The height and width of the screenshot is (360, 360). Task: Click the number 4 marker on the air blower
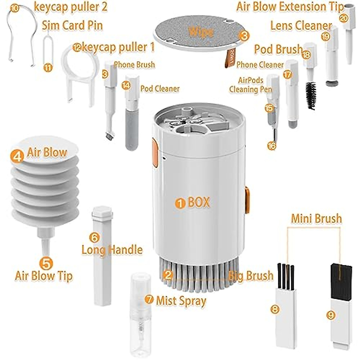point(17,156)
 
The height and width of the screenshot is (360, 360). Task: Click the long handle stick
point(102,255)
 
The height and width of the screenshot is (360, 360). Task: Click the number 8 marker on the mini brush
point(275,309)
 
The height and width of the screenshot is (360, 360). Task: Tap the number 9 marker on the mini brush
point(331,315)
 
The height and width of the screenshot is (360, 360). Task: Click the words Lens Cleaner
point(301,26)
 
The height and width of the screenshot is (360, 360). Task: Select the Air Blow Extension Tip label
point(289,7)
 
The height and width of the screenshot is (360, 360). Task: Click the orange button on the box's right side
point(247,200)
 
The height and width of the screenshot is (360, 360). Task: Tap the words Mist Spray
point(181,301)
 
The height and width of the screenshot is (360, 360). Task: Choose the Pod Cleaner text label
point(160,89)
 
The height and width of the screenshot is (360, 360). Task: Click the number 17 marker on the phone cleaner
point(287,75)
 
